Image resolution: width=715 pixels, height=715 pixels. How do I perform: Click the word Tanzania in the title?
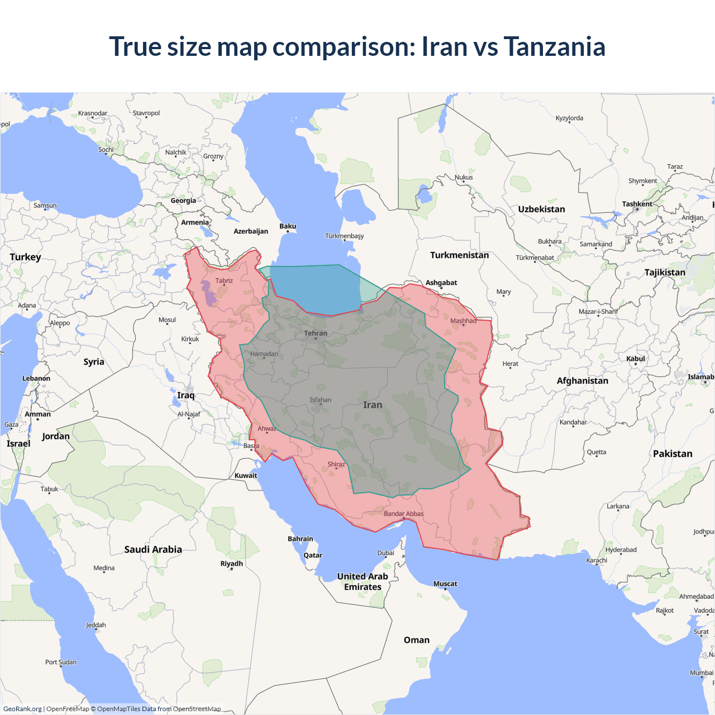(554, 46)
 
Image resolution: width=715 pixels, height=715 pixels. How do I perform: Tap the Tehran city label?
(316, 333)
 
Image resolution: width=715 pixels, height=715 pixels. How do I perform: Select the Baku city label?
(288, 226)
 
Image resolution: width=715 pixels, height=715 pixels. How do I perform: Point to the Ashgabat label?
(441, 283)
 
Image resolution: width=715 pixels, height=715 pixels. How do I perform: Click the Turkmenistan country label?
(459, 255)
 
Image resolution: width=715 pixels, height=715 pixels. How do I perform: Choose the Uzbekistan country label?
(541, 209)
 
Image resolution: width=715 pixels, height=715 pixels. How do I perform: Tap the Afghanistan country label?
(582, 380)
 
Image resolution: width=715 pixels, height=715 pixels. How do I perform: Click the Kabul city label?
(636, 359)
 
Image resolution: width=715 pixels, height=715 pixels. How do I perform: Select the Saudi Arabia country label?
(153, 550)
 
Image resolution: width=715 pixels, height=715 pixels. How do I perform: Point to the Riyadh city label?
(232, 564)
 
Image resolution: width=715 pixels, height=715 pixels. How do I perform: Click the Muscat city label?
(445, 584)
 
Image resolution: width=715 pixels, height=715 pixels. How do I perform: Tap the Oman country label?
(417, 640)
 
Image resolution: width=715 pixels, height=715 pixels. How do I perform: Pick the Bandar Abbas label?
(403, 514)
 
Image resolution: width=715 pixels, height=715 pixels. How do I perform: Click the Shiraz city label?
(336, 464)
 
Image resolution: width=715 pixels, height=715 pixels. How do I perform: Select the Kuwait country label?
(246, 476)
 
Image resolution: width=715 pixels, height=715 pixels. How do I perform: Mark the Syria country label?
(94, 362)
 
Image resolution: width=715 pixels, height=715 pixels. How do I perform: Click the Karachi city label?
(597, 560)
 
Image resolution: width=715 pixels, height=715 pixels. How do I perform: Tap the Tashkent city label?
(637, 204)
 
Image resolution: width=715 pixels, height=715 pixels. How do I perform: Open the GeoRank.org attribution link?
(22, 709)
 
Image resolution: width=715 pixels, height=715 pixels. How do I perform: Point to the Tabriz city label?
(224, 281)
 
